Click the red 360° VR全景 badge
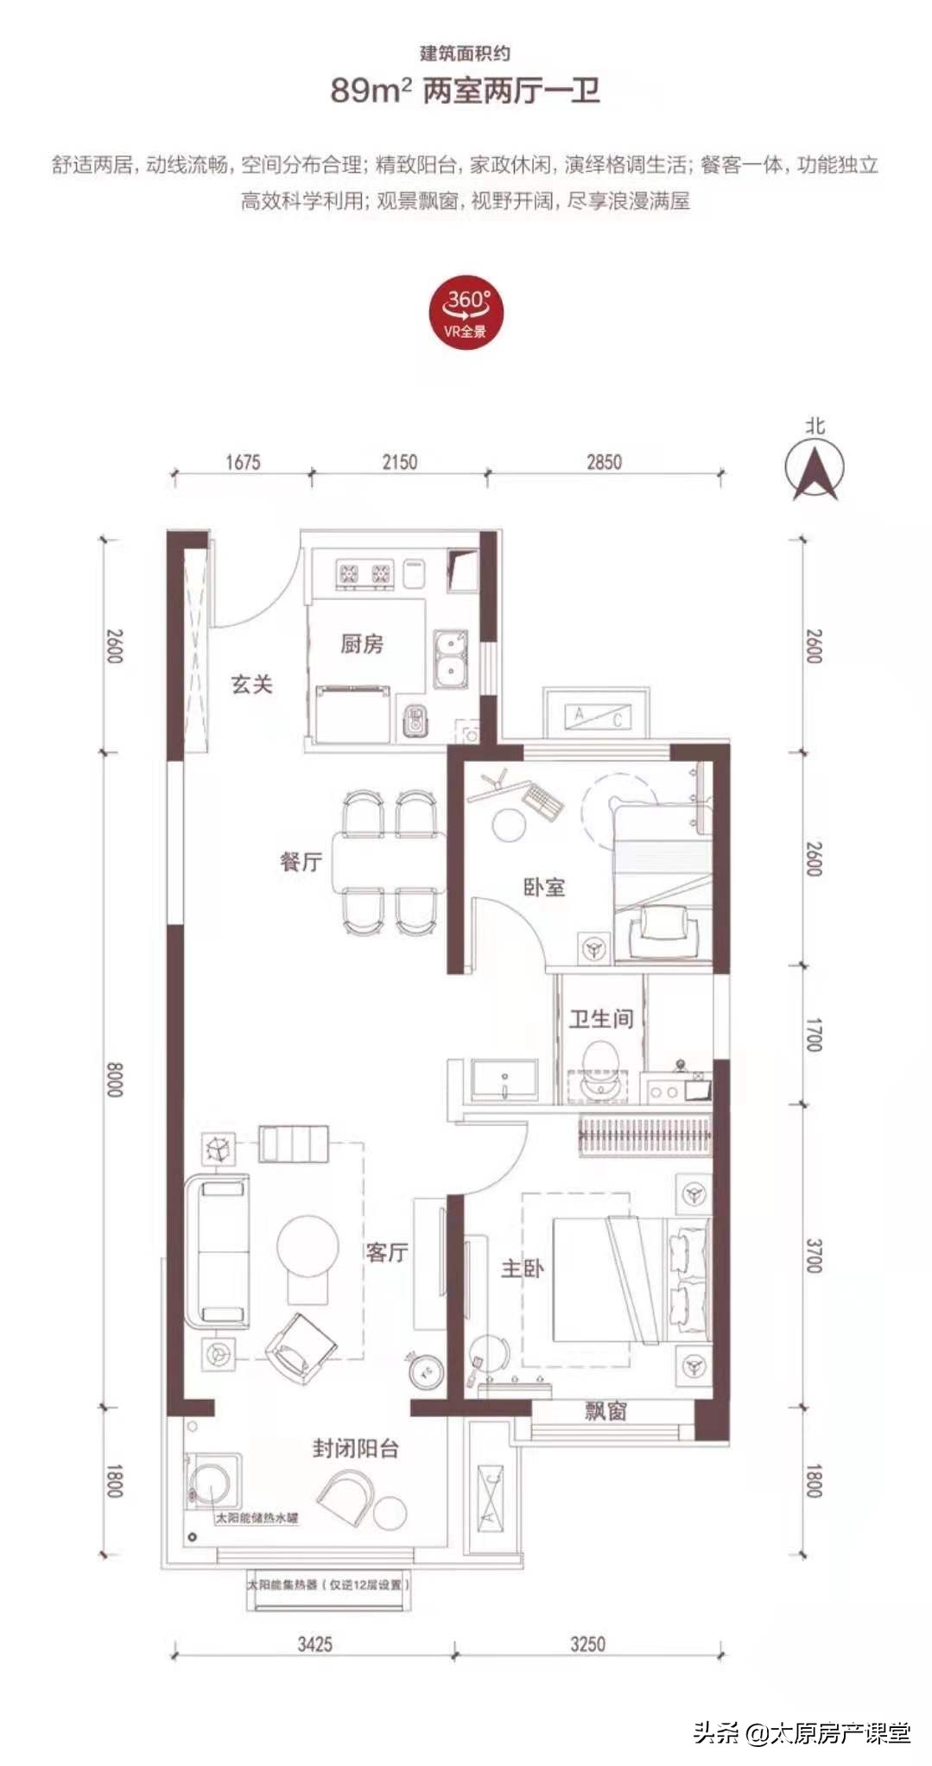(466, 312)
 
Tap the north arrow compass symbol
(815, 469)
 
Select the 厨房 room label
(362, 643)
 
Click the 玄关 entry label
(251, 685)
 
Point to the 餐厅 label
(301, 861)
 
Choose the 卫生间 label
(601, 1019)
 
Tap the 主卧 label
(523, 1268)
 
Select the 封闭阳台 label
(356, 1448)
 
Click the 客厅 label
(386, 1252)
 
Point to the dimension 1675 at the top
(243, 462)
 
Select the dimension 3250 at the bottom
(587, 1643)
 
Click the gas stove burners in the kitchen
(364, 574)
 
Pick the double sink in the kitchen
(450, 660)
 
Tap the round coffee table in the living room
(307, 1246)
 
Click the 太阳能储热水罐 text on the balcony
(257, 1517)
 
